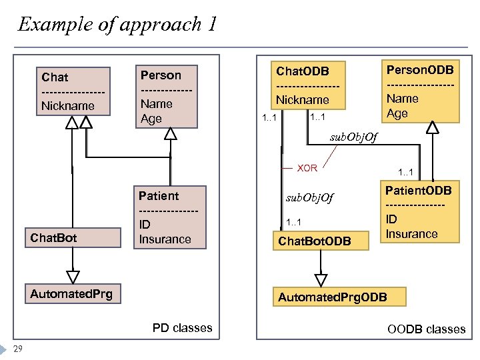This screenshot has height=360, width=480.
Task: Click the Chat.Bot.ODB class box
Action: pyautogui.click(x=315, y=241)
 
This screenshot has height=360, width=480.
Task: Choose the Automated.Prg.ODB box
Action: pyautogui.click(x=331, y=295)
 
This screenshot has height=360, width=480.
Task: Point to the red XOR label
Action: pyautogui.click(x=307, y=168)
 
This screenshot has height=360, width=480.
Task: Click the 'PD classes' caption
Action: pyautogui.click(x=182, y=327)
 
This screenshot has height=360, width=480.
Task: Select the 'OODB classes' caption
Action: pyautogui.click(x=426, y=329)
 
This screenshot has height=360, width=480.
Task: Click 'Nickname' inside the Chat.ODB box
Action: pyautogui.click(x=303, y=99)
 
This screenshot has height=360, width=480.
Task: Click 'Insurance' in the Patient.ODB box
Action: pyautogui.click(x=411, y=233)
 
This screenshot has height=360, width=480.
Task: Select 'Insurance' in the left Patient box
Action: pyautogui.click(x=165, y=239)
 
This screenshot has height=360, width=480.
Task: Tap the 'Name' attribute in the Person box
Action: pyautogui.click(x=156, y=103)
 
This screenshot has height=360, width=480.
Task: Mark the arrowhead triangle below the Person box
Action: pyautogui.click(x=171, y=134)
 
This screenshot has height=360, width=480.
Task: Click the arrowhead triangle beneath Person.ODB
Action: pyautogui.click(x=433, y=129)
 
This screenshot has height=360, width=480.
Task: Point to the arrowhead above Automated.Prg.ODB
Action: pyautogui.click(x=321, y=278)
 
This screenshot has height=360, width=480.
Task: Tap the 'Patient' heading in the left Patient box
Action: pyautogui.click(x=159, y=195)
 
